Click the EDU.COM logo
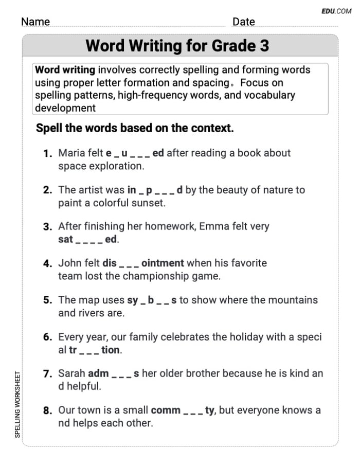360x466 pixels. pyautogui.click(x=336, y=11)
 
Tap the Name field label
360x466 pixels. pyautogui.click(x=35, y=22)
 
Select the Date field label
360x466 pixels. pyautogui.click(x=243, y=22)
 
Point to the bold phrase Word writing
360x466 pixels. pyautogui.click(x=65, y=70)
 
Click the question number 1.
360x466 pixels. pyautogui.click(x=48, y=153)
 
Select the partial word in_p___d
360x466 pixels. pyautogui.click(x=155, y=190)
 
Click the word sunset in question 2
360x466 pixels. pyautogui.click(x=150, y=203)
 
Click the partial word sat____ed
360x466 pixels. pyautogui.click(x=88, y=239)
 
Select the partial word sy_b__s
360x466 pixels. pyautogui.click(x=151, y=300)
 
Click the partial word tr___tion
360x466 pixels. pyautogui.click(x=95, y=350)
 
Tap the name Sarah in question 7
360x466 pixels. pyautogui.click(x=71, y=373)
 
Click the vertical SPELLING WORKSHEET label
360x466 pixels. pyautogui.click(x=17, y=404)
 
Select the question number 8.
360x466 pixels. pyautogui.click(x=48, y=411)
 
